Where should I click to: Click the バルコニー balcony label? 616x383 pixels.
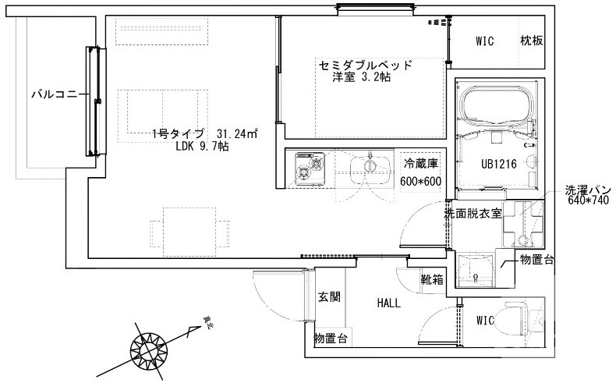coord(55,95)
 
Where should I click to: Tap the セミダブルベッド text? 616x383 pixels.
coord(364,64)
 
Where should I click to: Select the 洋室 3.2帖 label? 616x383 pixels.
coord(362,77)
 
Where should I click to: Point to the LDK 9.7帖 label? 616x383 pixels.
coord(202,146)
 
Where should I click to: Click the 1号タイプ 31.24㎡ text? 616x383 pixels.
coord(205,133)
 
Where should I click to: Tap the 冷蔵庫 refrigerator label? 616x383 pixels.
coord(421,163)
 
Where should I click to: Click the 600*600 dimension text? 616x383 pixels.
coord(421,180)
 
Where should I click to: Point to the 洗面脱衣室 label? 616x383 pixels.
coord(473,212)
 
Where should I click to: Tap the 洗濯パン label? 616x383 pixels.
coord(591,190)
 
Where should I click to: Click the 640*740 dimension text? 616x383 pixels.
coord(589,201)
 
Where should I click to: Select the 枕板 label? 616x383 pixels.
coord(532,41)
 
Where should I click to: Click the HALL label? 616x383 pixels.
coord(388,303)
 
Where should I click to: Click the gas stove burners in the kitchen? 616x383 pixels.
coord(309,166)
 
